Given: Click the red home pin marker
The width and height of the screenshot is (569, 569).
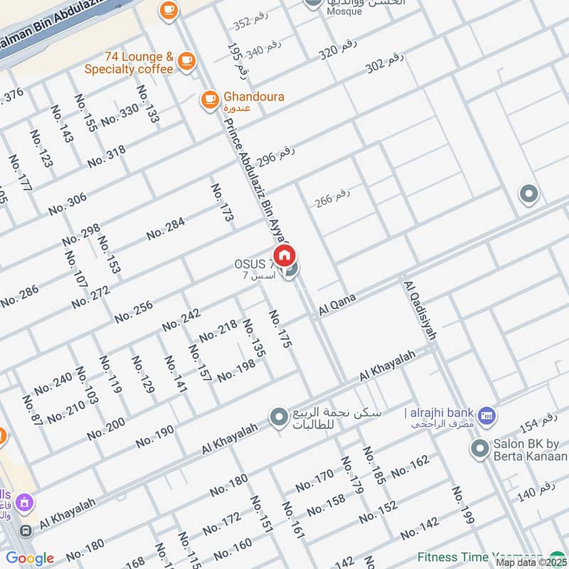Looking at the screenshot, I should click(x=284, y=255).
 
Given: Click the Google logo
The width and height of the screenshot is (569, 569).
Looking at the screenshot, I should click(x=29, y=558).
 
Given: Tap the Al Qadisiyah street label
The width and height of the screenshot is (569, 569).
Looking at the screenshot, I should click(x=420, y=310).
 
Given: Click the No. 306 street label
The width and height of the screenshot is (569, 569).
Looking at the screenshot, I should click(x=68, y=204).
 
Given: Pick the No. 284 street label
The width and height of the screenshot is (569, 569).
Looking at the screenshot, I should click(x=166, y=229).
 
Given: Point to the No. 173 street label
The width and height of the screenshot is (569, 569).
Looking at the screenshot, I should click(x=222, y=203).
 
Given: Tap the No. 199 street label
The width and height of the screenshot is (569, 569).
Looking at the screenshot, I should click(x=462, y=506).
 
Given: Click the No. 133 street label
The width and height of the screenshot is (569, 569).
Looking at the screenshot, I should click(x=148, y=105).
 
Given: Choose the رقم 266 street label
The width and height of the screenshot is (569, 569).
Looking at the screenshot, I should click(x=333, y=198).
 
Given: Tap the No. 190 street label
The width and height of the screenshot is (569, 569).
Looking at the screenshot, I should click(x=154, y=436).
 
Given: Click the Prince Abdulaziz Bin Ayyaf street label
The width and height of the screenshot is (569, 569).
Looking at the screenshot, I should click(x=256, y=179).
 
